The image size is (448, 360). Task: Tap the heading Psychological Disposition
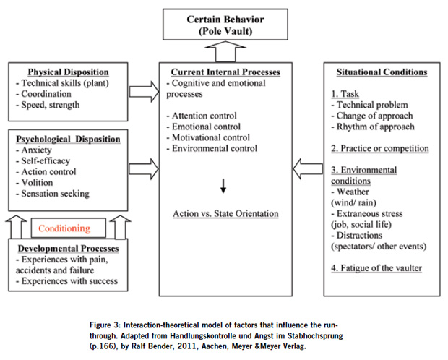[69, 139]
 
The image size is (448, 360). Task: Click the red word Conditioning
[65, 228]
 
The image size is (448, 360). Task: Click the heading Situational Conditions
[382, 72]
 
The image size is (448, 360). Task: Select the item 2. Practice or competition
[379, 149]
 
